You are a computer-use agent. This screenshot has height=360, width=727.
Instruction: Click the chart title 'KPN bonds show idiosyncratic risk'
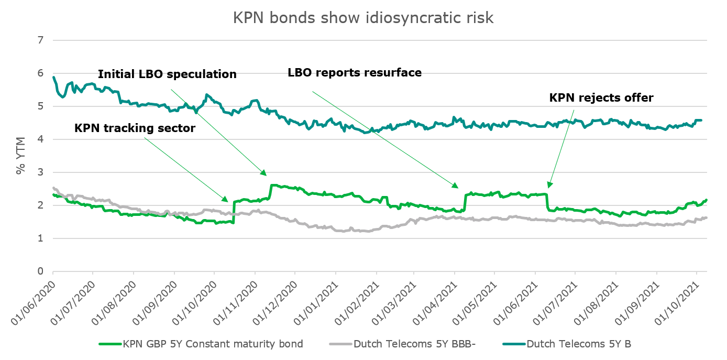point(363,18)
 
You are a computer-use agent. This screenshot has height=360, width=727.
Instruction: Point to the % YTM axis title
point(20,156)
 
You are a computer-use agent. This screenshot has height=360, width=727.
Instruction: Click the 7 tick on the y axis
point(40,40)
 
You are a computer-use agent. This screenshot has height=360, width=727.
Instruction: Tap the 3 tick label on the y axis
point(40,172)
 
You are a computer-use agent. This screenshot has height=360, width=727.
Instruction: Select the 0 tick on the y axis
point(40,271)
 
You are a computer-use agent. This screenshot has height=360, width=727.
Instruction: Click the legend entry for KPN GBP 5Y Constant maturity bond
point(201,344)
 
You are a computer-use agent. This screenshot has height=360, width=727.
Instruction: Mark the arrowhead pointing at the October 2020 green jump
point(228,201)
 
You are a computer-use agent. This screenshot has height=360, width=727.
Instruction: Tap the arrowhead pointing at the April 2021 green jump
point(458,188)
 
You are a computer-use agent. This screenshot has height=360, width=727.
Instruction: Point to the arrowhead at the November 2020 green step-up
point(266,175)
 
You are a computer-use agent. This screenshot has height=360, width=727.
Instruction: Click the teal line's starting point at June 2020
point(53,77)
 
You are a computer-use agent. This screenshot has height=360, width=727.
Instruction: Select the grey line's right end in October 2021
point(707,217)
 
